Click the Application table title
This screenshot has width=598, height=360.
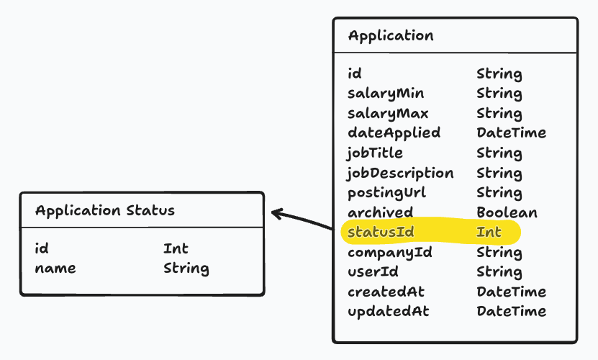pos(391,35)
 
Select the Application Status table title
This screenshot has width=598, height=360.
pos(104,210)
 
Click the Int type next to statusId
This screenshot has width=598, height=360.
pos(489,232)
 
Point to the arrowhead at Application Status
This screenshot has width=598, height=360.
pos(276,212)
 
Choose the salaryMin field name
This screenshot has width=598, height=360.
pos(386,94)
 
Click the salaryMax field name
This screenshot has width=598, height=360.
pos(388,113)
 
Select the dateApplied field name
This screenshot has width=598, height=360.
pos(394,133)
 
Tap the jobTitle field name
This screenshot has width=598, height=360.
pos(375,153)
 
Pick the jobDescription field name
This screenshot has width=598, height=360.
pos(400,173)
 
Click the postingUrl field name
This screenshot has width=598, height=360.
pos(386,192)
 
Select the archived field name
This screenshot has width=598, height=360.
pos(380,212)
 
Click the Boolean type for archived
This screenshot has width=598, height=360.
pos(507,212)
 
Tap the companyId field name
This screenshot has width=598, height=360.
pos(389,252)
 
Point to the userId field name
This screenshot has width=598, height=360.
pos(373,272)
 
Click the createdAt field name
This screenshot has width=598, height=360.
pos(386,292)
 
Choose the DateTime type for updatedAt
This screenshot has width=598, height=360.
pos(511,311)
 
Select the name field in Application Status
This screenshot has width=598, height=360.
pos(55,269)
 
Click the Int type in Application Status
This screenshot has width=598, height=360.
pos(176,248)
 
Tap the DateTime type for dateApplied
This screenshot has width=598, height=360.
pos(511,133)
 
